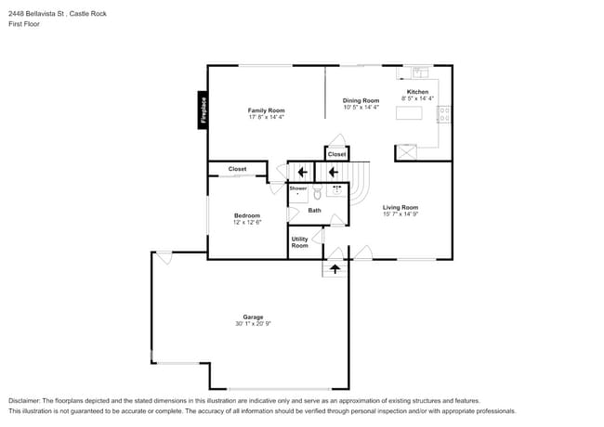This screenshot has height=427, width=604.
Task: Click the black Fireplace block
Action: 203,110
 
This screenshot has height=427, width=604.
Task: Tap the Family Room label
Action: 266,110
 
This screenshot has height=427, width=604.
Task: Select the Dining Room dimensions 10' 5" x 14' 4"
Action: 361,108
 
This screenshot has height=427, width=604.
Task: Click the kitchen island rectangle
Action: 409,113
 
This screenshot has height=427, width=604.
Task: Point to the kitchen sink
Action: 420,71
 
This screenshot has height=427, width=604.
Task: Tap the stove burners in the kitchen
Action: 444,114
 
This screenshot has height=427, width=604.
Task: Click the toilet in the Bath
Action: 318,191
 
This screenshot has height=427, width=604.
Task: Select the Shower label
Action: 298,188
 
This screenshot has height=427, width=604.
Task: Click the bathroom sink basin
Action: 337,190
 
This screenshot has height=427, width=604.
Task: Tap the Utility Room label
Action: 300,242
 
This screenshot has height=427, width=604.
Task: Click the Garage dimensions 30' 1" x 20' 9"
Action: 253,324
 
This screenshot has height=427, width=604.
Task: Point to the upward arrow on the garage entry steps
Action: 335,269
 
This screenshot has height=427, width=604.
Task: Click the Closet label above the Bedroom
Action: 237,169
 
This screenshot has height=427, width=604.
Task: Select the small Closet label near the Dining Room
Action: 337,154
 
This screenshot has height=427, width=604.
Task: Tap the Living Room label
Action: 400,207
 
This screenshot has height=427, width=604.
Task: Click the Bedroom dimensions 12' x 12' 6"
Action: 247,223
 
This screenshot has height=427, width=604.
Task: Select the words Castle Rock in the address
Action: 88,14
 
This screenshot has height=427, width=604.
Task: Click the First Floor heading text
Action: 24,24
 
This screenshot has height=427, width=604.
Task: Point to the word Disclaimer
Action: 24,401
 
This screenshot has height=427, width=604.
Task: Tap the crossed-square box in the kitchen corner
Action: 407,152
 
